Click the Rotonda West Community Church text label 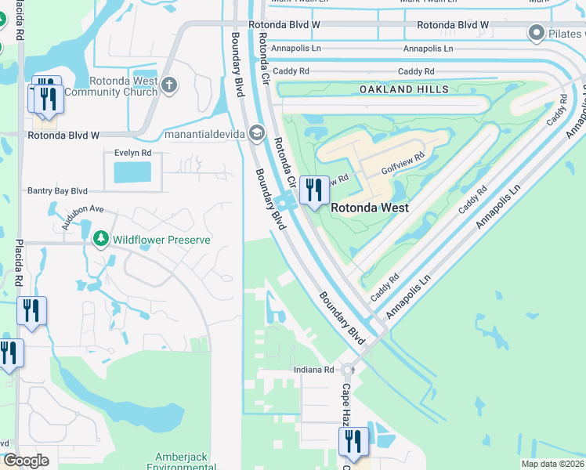(x=111, y=86)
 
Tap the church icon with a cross (x=171, y=83)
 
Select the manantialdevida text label (x=202, y=134)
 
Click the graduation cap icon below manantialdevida (x=256, y=134)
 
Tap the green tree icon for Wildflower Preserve (x=100, y=238)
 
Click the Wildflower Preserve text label (x=161, y=240)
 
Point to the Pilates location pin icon (x=537, y=33)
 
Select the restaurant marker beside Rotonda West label (x=314, y=190)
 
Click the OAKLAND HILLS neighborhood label (x=404, y=90)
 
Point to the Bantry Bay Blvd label (x=57, y=190)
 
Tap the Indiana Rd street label (x=313, y=370)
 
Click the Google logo (x=26, y=461)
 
